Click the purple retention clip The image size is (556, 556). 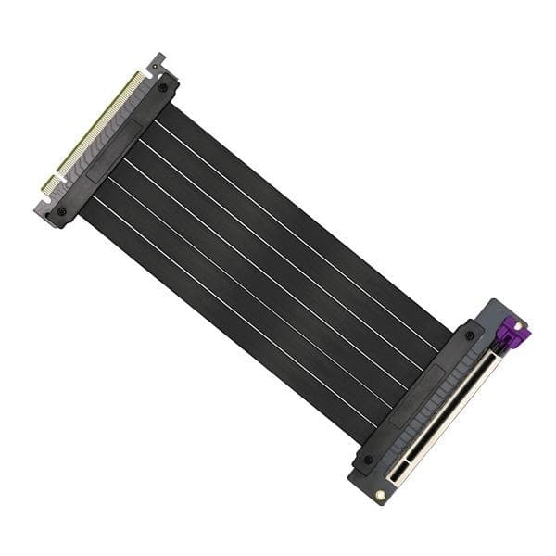tap(508, 334)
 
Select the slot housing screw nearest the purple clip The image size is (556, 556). tap(470, 335)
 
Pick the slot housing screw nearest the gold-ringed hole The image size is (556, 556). tap(368, 459)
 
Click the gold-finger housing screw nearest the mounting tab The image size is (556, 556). tap(164, 87)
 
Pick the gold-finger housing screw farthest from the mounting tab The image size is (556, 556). tap(61, 211)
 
